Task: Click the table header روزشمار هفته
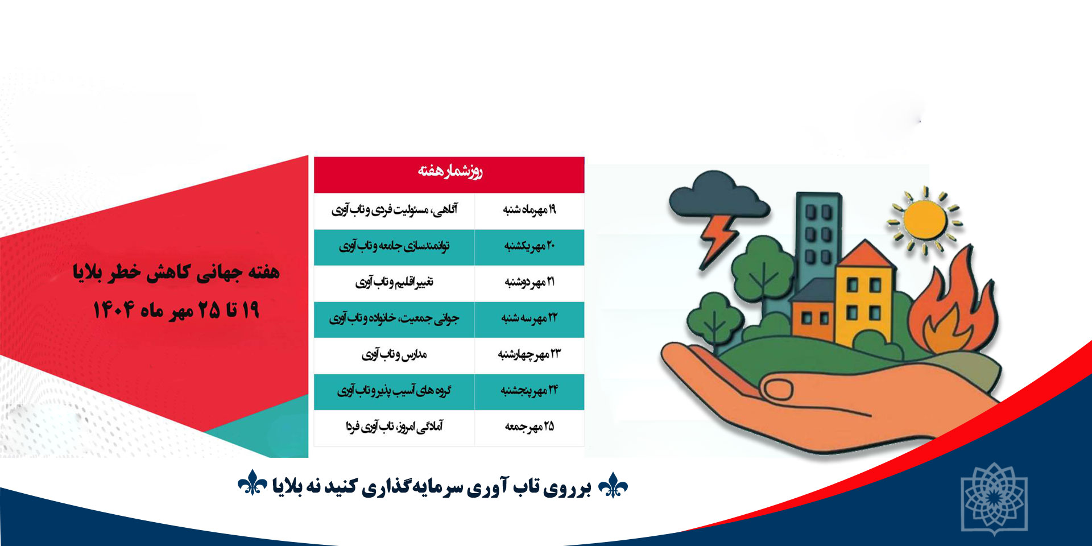[x=450, y=171]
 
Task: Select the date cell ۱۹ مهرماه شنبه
[x=530, y=210]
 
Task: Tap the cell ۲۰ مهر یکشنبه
[x=530, y=246]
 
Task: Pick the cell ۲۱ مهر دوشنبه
[x=530, y=282]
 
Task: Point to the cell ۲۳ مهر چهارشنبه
[x=530, y=355]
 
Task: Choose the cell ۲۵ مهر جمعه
[x=530, y=427]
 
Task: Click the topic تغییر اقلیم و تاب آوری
[x=394, y=282]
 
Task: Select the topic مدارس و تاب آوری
[x=394, y=355]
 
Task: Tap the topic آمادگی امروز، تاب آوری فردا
[x=394, y=427]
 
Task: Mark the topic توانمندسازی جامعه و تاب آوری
[x=394, y=246]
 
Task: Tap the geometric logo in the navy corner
[x=994, y=498]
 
